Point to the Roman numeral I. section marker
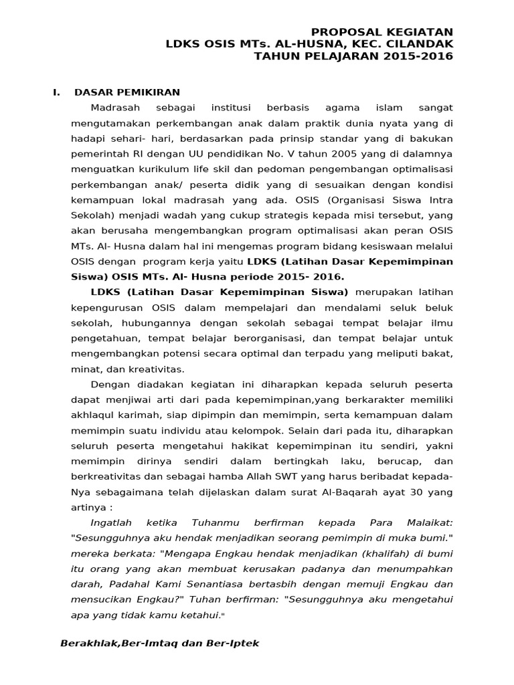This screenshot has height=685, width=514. pos(57,92)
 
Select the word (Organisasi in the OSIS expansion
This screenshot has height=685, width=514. pos(338,199)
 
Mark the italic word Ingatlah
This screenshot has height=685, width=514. pos(111,522)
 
